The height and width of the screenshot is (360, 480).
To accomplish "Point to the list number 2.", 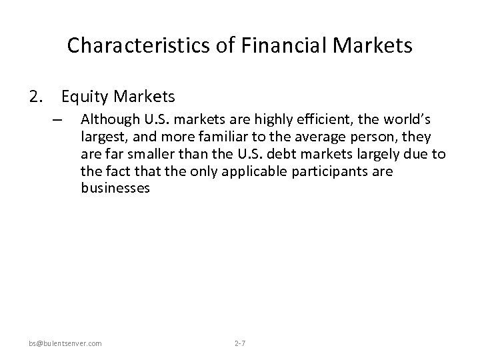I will [35, 97].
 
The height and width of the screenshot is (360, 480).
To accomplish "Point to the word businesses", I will [115, 189].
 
